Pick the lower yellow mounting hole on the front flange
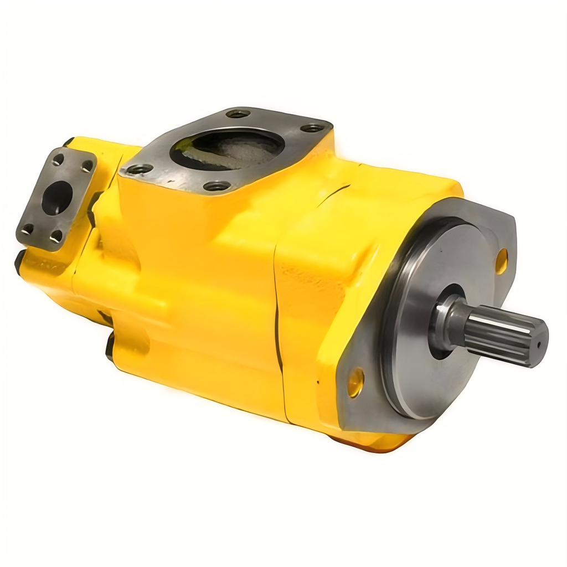[355, 382]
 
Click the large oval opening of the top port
[227, 148]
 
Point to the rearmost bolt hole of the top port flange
[238, 114]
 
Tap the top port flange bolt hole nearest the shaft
[313, 128]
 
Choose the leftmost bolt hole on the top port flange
[139, 169]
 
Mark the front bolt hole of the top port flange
[217, 186]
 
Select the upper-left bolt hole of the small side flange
[58, 159]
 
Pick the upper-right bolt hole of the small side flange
[87, 166]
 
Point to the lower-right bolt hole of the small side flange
[56, 236]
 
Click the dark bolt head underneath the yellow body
[110, 346]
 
